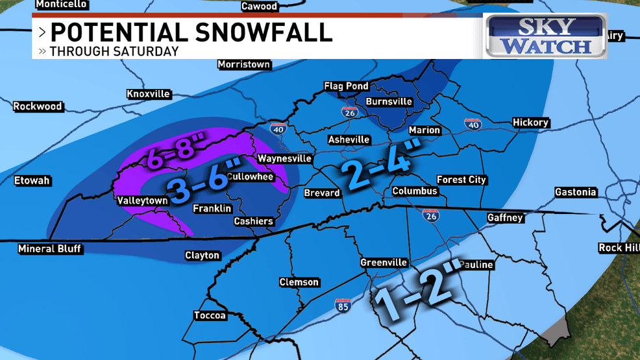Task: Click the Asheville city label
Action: click(349, 139)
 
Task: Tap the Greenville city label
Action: click(384, 263)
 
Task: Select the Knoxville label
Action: click(148, 94)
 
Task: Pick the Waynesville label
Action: click(284, 158)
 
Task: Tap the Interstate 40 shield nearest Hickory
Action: click(473, 123)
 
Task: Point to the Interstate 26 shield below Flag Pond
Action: click(349, 112)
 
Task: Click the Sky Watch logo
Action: click(546, 36)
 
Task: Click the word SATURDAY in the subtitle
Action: click(147, 51)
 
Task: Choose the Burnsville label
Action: click(389, 102)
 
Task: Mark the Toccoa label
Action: click(210, 316)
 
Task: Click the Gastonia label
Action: click(575, 192)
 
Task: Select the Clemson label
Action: click(299, 282)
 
